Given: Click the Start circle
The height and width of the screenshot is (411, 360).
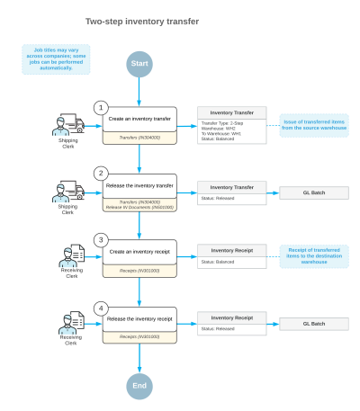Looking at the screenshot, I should [x=139, y=65].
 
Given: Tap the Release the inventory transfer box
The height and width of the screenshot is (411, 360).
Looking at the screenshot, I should [x=139, y=187].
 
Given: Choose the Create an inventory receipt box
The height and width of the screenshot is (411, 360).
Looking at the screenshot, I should [x=139, y=253].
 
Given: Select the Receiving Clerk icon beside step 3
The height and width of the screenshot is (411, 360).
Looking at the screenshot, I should [x=71, y=256].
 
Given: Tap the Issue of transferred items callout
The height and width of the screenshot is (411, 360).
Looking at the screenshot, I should [x=315, y=124].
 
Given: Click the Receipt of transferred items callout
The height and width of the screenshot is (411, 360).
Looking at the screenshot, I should [x=315, y=255].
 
